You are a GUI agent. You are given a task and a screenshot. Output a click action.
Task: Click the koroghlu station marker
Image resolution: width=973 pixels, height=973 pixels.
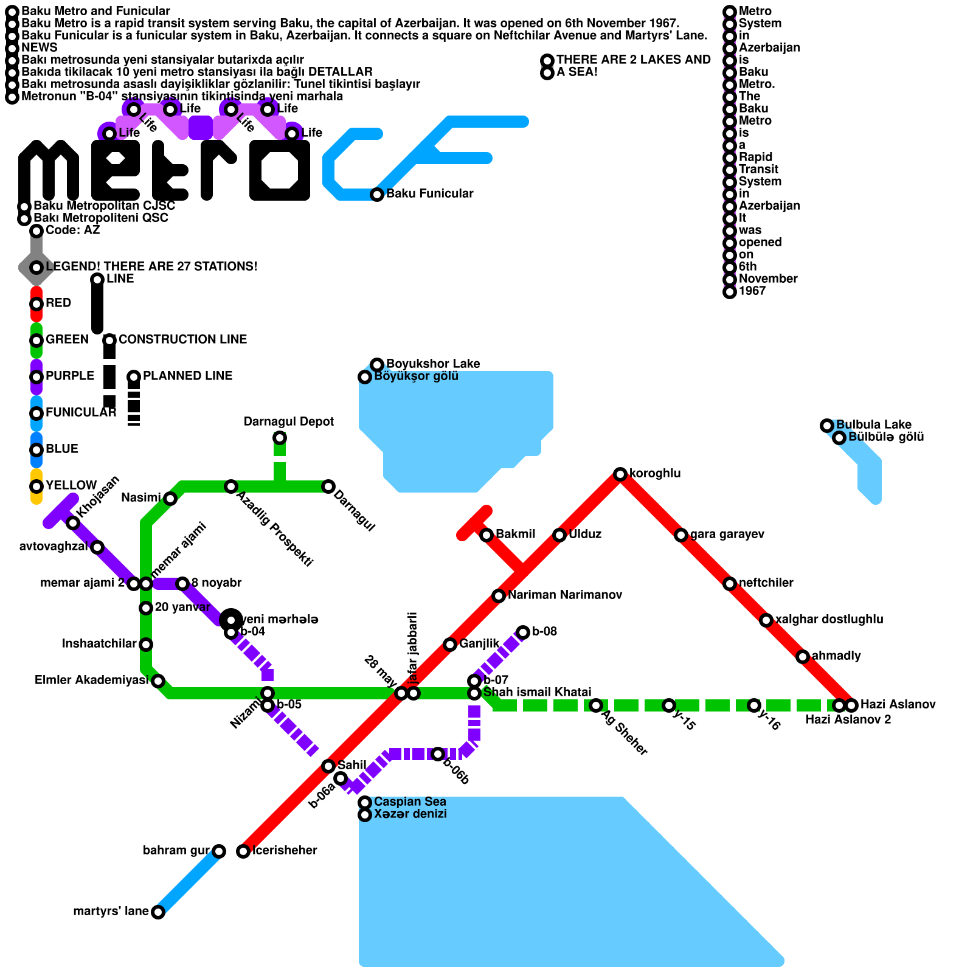[620, 474]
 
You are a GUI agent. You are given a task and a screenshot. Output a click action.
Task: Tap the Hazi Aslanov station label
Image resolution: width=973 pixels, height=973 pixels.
[898, 705]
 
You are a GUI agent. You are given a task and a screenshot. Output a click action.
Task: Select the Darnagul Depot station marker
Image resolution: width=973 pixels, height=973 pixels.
[280, 438]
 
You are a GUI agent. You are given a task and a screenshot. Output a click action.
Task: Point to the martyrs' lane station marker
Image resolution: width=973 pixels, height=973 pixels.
[158, 912]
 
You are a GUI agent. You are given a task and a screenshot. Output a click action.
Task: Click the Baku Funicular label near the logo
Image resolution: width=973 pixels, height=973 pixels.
[429, 194]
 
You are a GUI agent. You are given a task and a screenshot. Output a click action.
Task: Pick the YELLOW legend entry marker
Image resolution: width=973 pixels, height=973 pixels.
[36, 486]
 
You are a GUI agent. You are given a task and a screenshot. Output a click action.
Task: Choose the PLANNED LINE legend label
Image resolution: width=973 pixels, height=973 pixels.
[187, 376]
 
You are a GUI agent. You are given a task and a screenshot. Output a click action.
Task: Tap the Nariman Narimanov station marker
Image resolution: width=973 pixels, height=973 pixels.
[499, 595]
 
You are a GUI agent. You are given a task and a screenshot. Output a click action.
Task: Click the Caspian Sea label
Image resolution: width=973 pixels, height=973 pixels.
[410, 802]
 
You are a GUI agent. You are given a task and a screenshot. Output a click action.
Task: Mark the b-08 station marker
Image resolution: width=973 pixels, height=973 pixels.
[523, 632]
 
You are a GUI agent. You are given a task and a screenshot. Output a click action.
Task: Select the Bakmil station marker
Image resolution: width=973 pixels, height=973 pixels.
[486, 535]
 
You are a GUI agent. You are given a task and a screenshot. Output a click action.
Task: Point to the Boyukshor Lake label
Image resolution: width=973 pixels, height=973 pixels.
[433, 364]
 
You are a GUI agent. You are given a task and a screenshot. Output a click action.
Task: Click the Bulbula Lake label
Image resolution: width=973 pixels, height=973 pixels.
[873, 425]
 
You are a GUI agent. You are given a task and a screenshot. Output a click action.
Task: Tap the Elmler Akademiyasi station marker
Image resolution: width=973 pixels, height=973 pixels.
[158, 680]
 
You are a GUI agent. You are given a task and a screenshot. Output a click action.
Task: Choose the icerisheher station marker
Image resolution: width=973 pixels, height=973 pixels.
[243, 851]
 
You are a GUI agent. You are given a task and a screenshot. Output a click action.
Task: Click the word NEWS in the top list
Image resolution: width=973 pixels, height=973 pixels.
[40, 48]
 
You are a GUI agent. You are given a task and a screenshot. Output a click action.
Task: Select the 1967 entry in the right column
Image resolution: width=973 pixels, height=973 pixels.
[752, 291]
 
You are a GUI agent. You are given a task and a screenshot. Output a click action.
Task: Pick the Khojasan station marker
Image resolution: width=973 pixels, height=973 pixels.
[73, 523]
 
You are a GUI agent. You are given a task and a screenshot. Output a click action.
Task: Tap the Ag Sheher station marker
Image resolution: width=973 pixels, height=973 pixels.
[596, 705]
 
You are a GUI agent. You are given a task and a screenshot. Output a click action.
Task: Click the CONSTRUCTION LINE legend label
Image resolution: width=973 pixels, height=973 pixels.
[182, 340]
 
